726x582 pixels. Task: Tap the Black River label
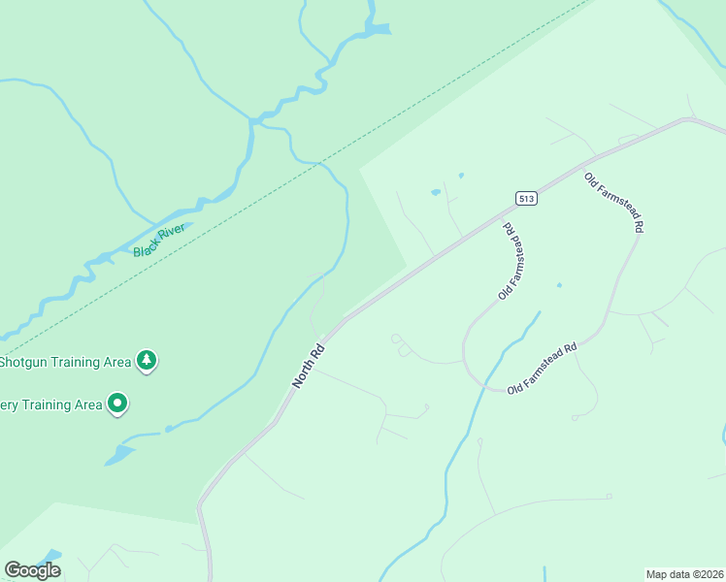coord(159,241)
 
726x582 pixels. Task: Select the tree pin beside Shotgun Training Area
coord(146,361)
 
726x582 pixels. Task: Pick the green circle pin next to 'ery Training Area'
coord(117,403)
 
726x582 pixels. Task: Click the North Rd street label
coord(308,365)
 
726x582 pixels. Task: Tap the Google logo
coord(32,570)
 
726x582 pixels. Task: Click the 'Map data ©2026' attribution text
coord(684,574)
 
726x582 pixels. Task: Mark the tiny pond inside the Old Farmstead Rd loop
coord(558,285)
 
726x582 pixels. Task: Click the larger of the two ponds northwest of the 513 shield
coord(436,192)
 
